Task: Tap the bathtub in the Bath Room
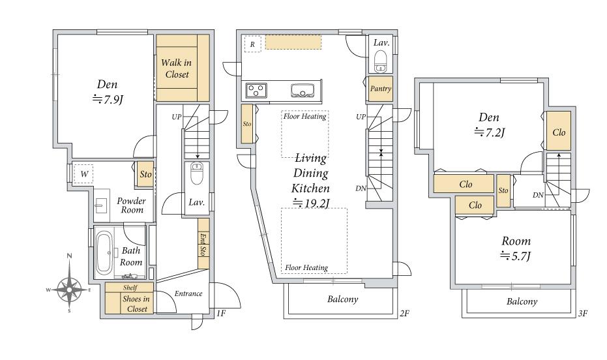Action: coord(104,252)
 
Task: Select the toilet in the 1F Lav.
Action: coord(197,173)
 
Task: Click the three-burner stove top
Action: coord(256,91)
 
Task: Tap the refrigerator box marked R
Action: coord(253,44)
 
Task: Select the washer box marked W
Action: coord(84,174)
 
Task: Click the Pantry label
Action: coord(381,89)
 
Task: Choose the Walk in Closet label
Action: coord(177,68)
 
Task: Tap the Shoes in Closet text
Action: coord(135,304)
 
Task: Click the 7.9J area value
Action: coord(108,100)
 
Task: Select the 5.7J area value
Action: coord(515,256)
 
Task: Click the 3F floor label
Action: coord(583,314)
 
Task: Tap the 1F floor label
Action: coord(220,313)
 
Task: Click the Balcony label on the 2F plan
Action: coord(342,299)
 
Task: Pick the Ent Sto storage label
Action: coord(203,244)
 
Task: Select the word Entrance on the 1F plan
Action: coord(188,293)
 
